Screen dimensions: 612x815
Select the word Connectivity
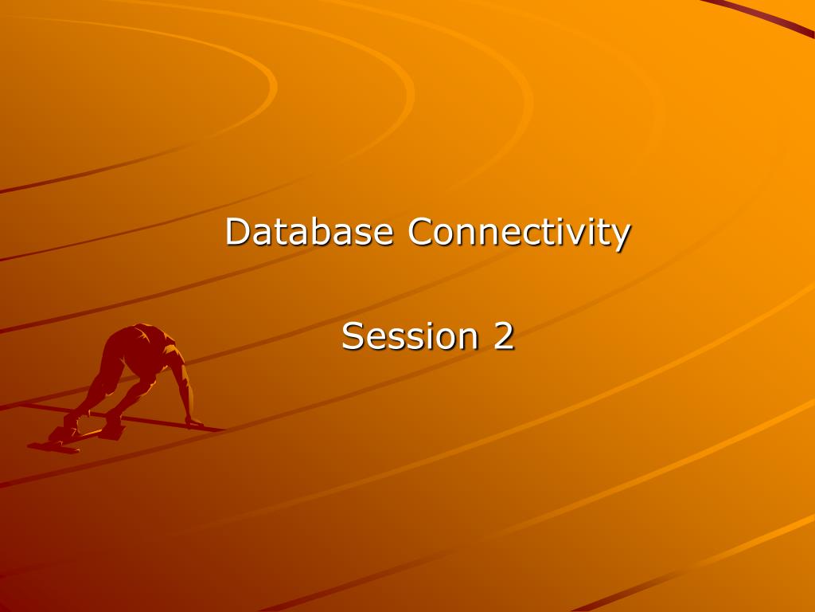pos(520,233)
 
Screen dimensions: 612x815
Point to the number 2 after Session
pos(503,336)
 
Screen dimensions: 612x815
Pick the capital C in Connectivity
pos(422,232)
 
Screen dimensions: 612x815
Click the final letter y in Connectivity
pos(622,237)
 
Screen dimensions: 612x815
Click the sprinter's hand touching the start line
pos(193,422)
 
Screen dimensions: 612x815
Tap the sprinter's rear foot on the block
pos(60,434)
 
